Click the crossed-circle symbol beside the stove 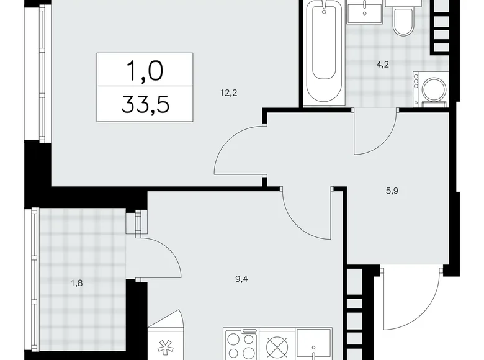276,346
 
